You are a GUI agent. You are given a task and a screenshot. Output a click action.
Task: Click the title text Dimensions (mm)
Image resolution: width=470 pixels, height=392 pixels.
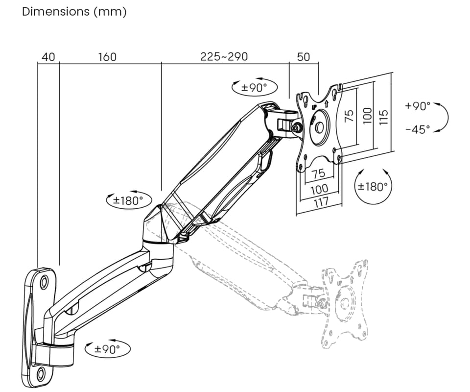point(74,12)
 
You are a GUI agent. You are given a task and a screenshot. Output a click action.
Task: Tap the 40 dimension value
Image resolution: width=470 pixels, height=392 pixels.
point(48,57)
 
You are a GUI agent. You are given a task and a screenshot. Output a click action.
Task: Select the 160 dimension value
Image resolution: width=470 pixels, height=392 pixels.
point(107,57)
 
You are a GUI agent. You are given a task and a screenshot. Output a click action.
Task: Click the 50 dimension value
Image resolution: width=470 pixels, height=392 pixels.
point(304,57)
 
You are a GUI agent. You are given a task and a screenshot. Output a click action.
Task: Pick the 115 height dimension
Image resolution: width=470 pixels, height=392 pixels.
point(383,116)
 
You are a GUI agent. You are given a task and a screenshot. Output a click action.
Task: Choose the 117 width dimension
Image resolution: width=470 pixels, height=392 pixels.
point(321,201)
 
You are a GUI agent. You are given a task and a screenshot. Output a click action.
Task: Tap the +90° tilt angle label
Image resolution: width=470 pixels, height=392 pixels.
point(418,106)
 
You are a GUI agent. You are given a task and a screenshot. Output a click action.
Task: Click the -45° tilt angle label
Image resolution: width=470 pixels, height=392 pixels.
point(418,129)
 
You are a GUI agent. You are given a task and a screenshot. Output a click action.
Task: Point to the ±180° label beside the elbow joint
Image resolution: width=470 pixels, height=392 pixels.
point(129,200)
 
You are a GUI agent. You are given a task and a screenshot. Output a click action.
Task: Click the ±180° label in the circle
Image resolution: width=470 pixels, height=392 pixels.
point(373,187)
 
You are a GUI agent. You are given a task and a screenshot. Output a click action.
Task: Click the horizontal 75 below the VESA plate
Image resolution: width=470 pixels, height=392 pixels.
point(319,173)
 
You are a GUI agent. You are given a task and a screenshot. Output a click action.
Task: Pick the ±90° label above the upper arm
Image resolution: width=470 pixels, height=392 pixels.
point(255,88)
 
